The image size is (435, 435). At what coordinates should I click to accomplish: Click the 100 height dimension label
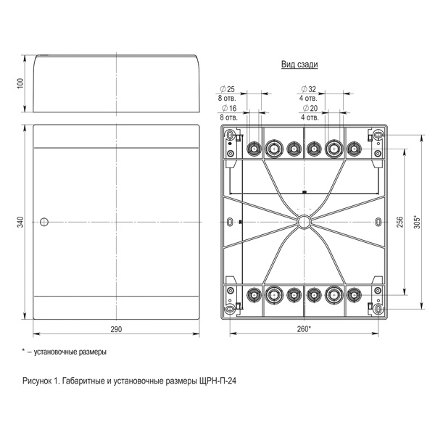coord(21,83)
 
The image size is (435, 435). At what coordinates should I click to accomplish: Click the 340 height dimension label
coord(21,222)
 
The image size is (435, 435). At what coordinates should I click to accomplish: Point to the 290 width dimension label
coord(116,329)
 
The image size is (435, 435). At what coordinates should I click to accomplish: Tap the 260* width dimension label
coord(304,329)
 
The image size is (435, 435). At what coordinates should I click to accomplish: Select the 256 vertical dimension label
coord(399,222)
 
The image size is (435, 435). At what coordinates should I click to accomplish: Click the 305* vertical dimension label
coord(418,222)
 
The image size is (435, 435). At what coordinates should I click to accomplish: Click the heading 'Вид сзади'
coord(299,65)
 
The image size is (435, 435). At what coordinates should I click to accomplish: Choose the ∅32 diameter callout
coord(309,89)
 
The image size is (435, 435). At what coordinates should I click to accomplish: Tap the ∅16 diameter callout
coord(229,108)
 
